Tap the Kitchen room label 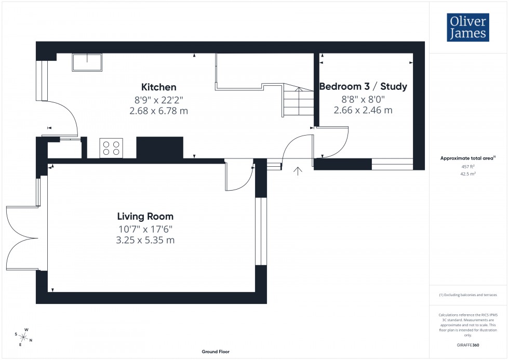click(159, 87)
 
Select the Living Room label click(145, 217)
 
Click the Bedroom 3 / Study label click(363, 87)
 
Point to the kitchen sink click(87, 62)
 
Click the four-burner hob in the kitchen click(111, 148)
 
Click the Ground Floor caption click(216, 352)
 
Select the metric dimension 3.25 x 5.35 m click(145, 241)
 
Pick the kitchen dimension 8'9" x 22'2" click(158, 99)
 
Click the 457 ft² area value click(468, 167)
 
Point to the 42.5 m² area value click(468, 174)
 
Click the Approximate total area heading click(467, 158)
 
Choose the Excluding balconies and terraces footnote click(468, 295)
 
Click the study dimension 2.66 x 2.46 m click(363, 110)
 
